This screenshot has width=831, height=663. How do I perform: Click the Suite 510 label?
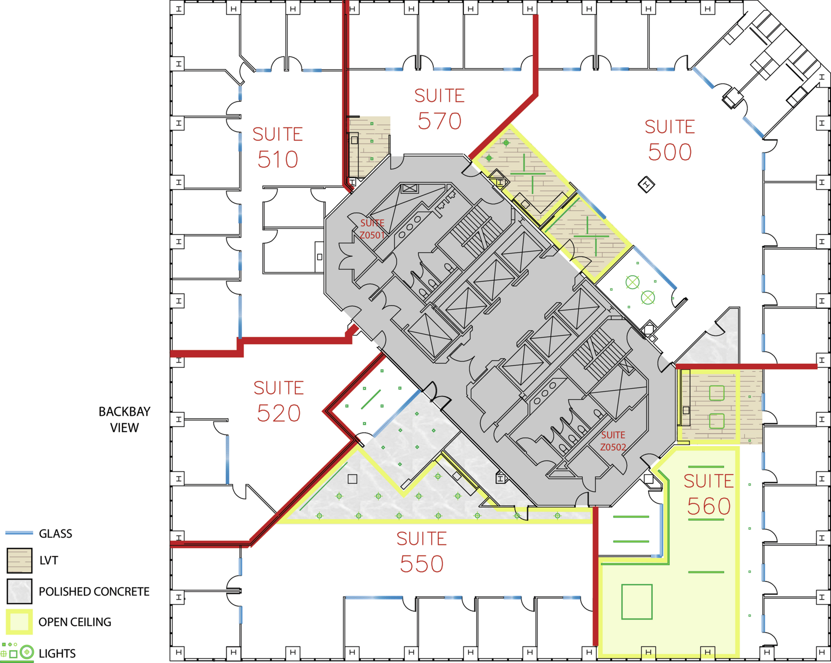[277, 147]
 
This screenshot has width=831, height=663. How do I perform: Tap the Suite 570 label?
[439, 109]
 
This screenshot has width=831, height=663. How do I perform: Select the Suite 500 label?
[669, 140]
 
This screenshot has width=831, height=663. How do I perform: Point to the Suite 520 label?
[278, 401]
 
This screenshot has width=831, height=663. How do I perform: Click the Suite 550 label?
[422, 552]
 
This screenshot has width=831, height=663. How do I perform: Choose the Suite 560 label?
[709, 494]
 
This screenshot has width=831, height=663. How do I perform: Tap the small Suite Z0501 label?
[372, 229]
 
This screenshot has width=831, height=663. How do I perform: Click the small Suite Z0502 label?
[613, 441]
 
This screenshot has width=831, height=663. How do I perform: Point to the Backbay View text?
[124, 419]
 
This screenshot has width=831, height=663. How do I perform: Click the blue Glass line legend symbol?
[19, 533]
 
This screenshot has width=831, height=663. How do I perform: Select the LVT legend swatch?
[19, 560]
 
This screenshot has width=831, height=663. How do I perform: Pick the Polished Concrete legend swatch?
[19, 591]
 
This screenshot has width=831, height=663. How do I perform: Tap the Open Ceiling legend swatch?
[19, 621]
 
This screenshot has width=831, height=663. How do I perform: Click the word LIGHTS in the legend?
[57, 653]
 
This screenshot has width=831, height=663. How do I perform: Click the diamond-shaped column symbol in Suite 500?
[646, 185]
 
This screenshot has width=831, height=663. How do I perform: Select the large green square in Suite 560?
[637, 602]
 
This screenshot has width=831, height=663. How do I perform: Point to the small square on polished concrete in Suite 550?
[352, 479]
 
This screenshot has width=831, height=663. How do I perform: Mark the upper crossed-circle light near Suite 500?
[632, 282]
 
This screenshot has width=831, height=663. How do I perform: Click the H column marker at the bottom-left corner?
[179, 652]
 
